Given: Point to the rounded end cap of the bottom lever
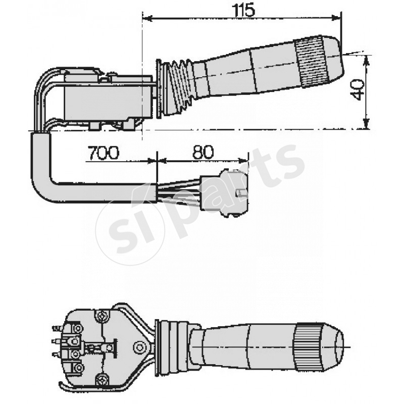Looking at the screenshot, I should [334, 348].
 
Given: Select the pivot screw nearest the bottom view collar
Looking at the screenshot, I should [139, 347].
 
